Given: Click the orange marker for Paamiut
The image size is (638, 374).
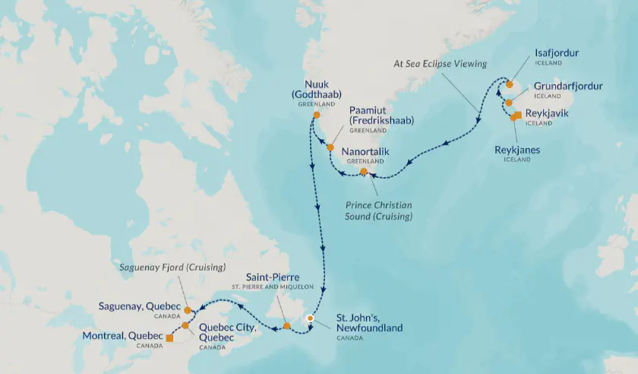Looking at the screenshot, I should tap(330, 147).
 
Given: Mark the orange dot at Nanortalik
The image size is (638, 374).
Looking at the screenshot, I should tap(364, 171).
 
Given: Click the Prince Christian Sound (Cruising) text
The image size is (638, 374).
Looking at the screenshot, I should tap(379, 210).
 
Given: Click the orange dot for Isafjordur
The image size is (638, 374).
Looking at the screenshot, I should tap(510, 84).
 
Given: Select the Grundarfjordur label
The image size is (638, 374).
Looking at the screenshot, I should tap(568, 86).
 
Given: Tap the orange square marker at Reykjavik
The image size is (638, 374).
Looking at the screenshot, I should tap(517, 115).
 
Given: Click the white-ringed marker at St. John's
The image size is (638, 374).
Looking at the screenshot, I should tap(310, 319).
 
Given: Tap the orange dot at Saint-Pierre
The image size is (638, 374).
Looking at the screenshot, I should tap(286, 326).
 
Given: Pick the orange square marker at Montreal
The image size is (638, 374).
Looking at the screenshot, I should tap(169, 338).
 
